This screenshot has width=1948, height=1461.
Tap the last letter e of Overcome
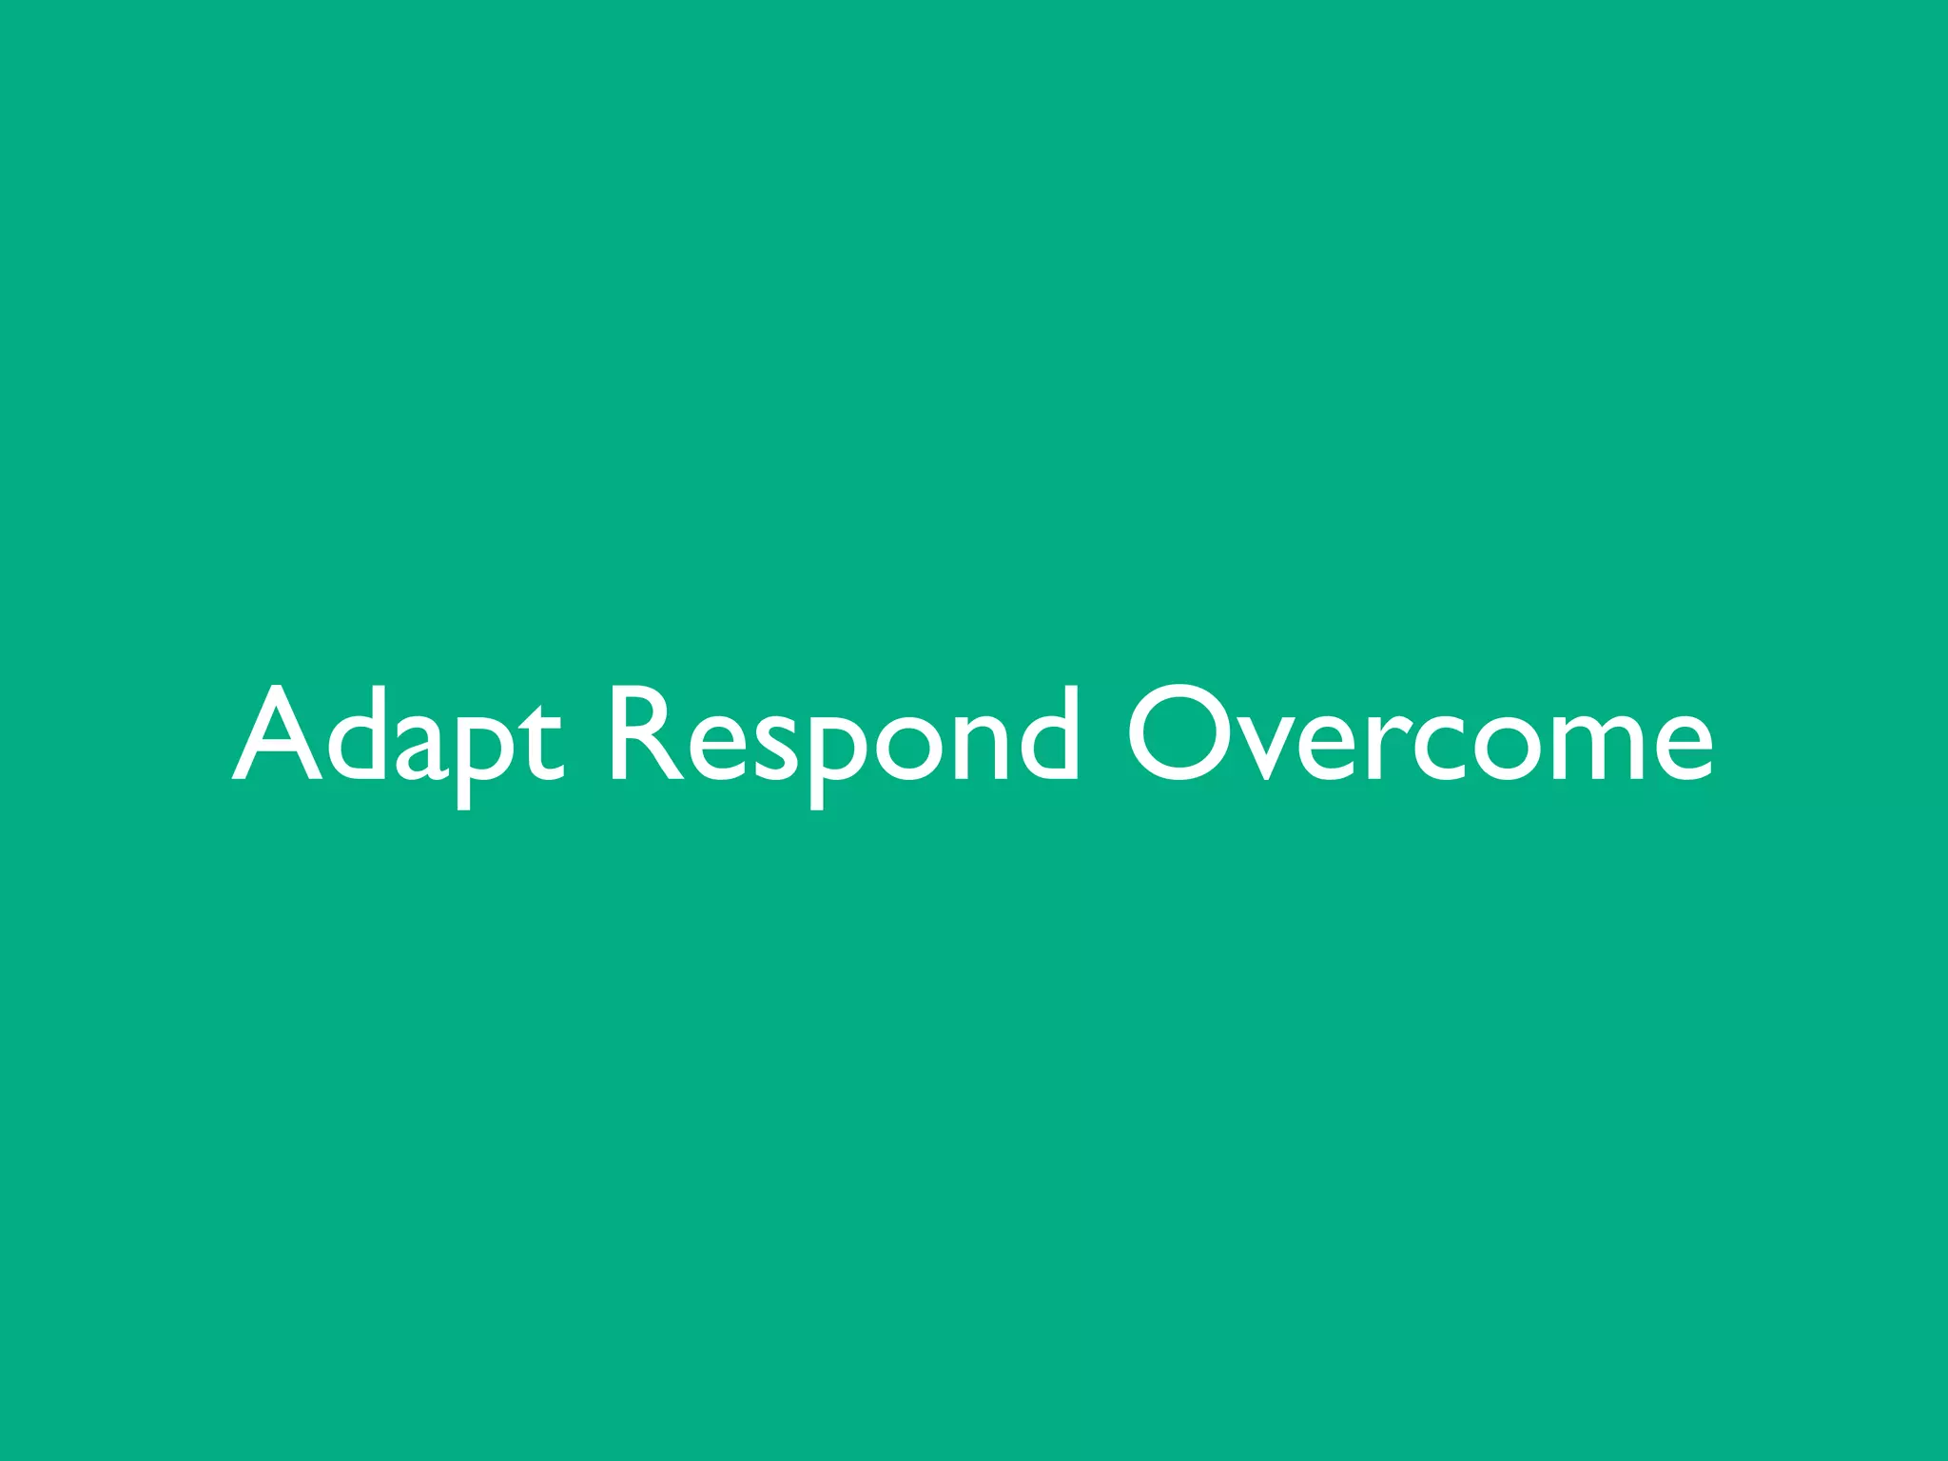pos(1681,747)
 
